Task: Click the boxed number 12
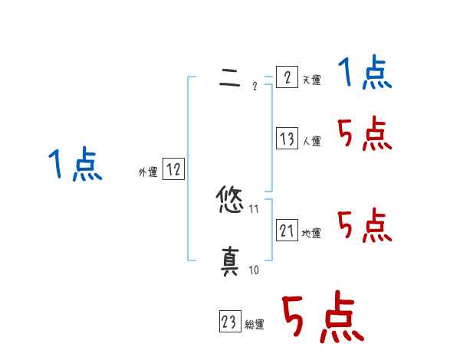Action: (173, 170)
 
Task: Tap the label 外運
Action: (148, 173)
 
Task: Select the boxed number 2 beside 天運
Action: (287, 77)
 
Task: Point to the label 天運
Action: (311, 80)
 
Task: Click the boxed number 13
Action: (287, 139)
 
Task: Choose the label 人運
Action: (311, 142)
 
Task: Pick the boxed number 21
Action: (287, 230)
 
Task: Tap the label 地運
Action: (311, 234)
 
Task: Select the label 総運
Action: (255, 326)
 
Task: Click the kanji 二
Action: (230, 76)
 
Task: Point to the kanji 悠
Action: (230, 201)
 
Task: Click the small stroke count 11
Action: (254, 208)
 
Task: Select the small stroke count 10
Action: (254, 270)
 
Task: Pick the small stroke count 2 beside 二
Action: (254, 85)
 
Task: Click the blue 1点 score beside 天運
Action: (365, 74)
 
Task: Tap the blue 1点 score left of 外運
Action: (76, 165)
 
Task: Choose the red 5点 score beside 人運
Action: (365, 136)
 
